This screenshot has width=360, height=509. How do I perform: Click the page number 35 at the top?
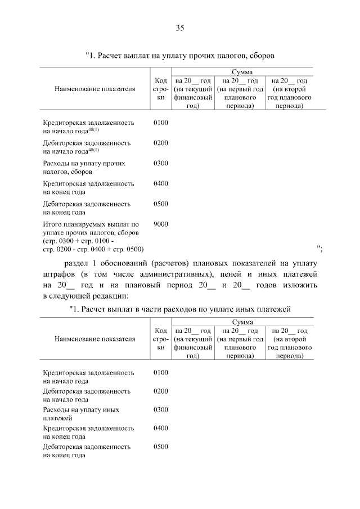[180, 28]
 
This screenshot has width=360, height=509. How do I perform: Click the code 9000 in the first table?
[160, 224]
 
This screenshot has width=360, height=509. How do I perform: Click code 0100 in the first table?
[160, 122]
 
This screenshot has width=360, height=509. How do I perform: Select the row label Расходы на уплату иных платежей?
[81, 414]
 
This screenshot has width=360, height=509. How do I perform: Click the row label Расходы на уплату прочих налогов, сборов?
[84, 167]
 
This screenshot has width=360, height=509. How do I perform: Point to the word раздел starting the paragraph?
[77, 263]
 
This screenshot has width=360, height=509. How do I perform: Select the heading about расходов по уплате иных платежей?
[180, 309]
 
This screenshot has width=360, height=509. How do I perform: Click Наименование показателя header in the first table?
[94, 89]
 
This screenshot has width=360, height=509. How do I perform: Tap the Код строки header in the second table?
[160, 339]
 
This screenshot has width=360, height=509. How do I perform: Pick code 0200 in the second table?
[160, 391]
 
